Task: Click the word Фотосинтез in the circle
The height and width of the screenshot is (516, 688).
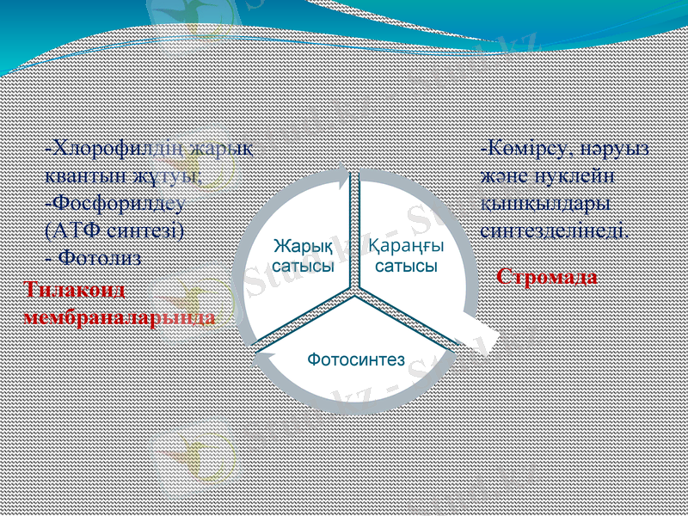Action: pyautogui.click(x=356, y=359)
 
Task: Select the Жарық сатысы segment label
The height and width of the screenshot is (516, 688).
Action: pyautogui.click(x=304, y=256)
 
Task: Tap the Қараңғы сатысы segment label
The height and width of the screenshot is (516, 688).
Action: pyautogui.click(x=406, y=256)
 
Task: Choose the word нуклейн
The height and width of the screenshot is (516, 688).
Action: pyautogui.click(x=585, y=175)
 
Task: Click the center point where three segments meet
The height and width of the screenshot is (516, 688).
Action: pyautogui.click(x=354, y=295)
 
